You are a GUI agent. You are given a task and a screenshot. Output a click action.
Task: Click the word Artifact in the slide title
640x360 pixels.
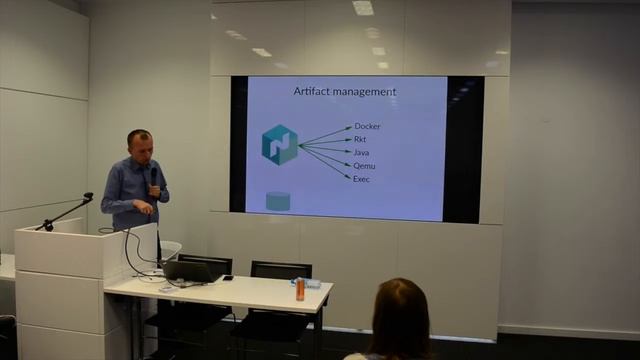coord(313,92)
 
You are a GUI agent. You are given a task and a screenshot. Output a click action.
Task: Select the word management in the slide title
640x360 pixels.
coord(365,92)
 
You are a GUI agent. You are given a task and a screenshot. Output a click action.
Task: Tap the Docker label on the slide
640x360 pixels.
coord(367,127)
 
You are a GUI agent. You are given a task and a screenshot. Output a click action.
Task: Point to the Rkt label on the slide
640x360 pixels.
coord(360,140)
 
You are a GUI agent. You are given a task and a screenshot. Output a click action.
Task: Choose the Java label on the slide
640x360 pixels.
coord(361,152)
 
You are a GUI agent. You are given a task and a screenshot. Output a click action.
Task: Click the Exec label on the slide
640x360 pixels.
coord(362,178)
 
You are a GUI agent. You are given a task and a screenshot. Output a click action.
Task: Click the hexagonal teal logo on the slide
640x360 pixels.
coord(280,145)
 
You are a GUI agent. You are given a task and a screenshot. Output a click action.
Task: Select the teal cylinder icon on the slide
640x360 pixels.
coord(278,201)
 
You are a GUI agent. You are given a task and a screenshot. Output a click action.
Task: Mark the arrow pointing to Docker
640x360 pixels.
coord(326,135)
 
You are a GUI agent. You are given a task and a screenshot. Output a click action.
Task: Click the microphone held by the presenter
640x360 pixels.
coord(154,179)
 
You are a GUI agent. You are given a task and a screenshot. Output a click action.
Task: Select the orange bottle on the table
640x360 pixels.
coord(299,289)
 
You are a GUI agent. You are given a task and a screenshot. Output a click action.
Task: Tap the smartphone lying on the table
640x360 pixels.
coord(228,277)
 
